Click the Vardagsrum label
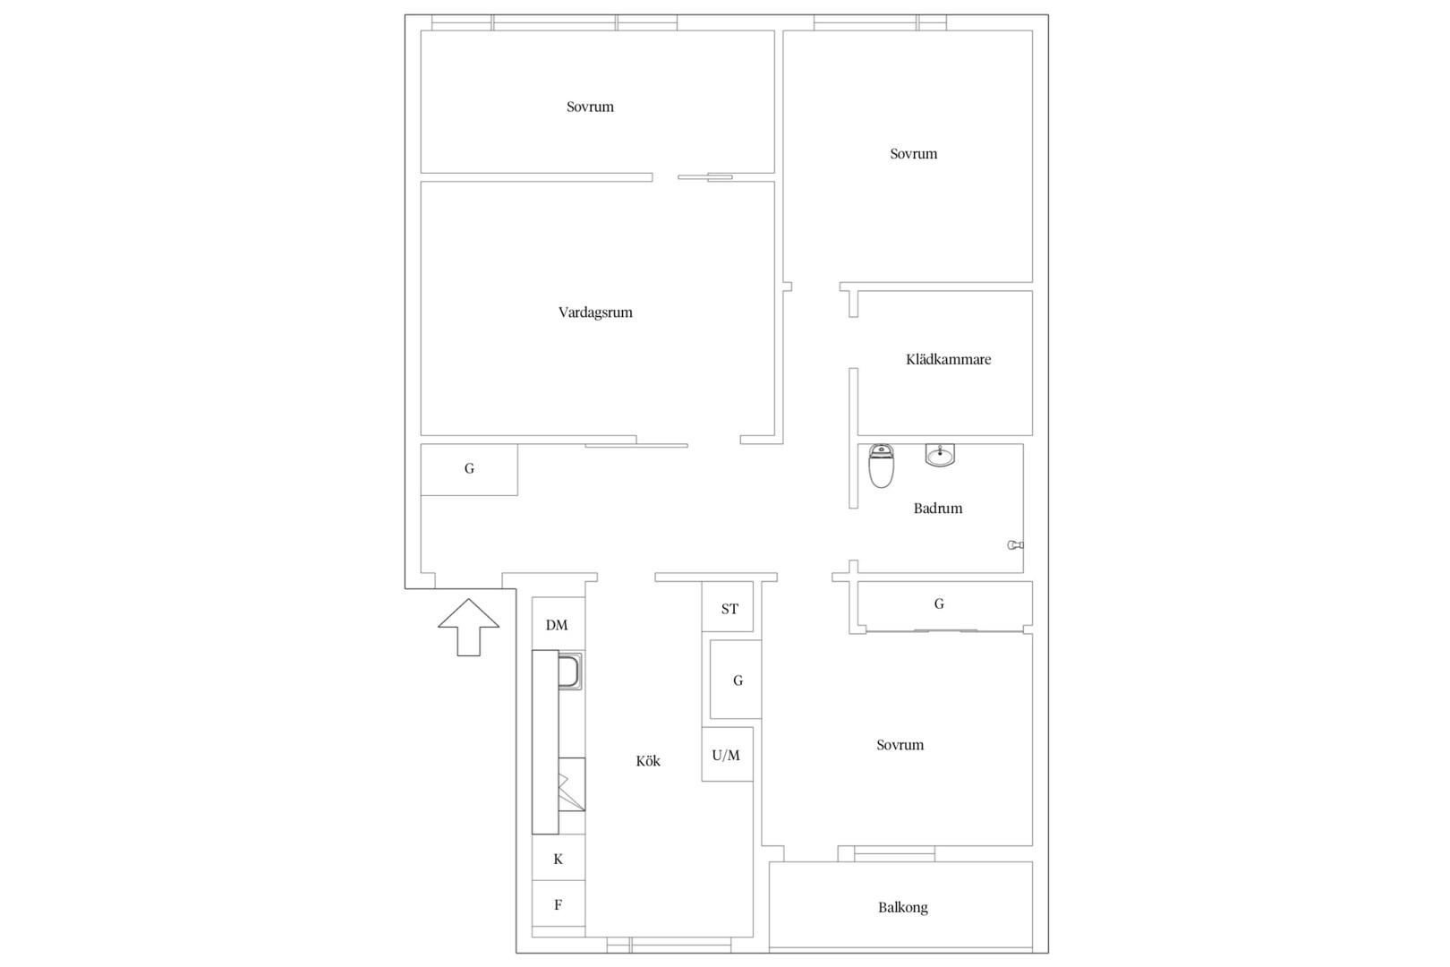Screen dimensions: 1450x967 595,312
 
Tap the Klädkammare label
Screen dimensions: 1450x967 949,359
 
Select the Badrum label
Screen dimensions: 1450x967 938,509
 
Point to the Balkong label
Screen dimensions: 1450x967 903,907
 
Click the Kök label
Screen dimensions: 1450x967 648,761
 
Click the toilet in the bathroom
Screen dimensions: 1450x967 881,466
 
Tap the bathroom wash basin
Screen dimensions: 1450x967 940,456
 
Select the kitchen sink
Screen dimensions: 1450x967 569,671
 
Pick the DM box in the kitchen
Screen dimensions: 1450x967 558,624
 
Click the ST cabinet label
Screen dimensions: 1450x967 729,609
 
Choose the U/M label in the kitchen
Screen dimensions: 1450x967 726,755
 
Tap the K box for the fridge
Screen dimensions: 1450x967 558,858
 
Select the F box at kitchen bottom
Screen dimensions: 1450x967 558,903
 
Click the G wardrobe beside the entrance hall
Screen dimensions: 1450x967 469,469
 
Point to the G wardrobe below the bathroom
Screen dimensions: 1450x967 944,605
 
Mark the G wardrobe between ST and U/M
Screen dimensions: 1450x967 736,680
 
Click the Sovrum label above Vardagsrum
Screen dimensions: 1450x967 590,107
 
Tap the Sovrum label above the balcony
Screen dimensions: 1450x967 900,745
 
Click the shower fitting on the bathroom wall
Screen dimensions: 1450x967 1015,545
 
